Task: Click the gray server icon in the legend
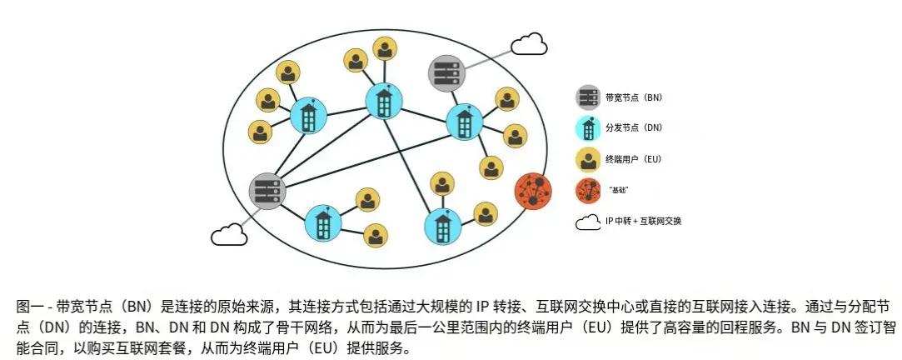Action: [x=588, y=97]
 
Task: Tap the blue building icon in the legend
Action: [x=588, y=128]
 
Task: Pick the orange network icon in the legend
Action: [x=588, y=190]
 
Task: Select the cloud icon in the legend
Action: [x=588, y=222]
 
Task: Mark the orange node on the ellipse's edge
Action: [x=533, y=190]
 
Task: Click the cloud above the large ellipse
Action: [x=529, y=44]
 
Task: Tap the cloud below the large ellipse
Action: [x=229, y=235]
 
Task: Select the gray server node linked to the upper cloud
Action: [x=446, y=72]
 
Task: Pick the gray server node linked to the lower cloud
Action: [x=268, y=191]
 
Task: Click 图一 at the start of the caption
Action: [x=27, y=305]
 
